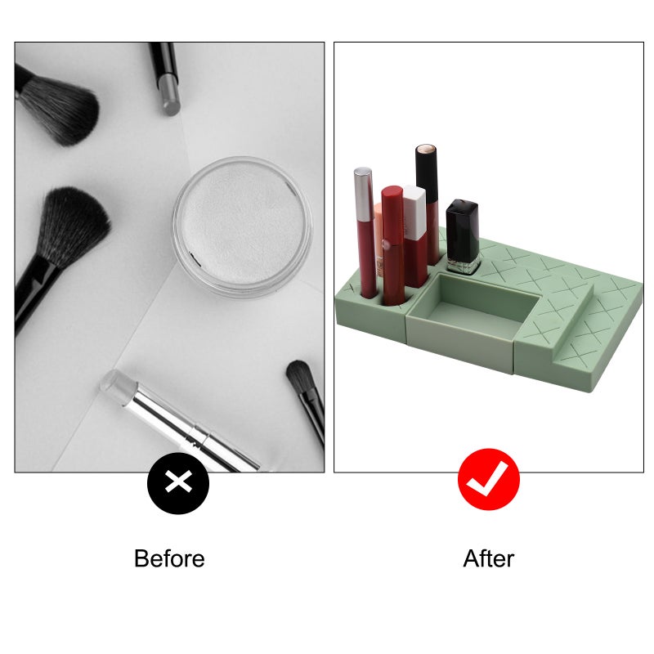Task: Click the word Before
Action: click(169, 558)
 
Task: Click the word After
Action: click(488, 558)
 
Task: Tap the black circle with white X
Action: click(178, 483)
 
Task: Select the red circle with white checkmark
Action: click(489, 479)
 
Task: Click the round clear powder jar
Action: click(243, 226)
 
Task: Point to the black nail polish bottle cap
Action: click(462, 231)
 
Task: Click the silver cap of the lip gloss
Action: click(364, 195)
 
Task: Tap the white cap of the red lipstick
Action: click(414, 213)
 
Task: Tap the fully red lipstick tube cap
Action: click(392, 214)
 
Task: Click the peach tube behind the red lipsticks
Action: click(378, 240)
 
